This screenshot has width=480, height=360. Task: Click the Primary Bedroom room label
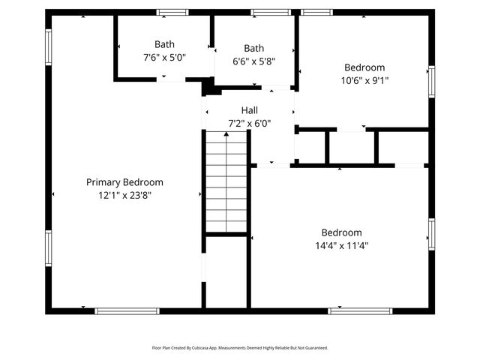124,182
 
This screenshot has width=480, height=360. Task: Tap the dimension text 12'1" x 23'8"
124,195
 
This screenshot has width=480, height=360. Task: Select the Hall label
249,110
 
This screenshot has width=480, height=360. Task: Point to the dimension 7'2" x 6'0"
249,123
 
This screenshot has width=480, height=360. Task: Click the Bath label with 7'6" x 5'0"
164,44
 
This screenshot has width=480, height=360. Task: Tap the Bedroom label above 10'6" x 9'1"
364,67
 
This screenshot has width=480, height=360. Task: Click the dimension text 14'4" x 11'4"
341,245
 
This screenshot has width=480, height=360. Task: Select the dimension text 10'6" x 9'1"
364,80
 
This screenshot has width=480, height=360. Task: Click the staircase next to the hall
226,182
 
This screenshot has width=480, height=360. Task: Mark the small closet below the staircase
226,271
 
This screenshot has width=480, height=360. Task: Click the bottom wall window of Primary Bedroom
127,310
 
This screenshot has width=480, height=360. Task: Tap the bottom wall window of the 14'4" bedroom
360,310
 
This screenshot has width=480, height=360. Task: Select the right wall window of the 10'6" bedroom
431,81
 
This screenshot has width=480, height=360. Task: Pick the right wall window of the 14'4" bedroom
431,234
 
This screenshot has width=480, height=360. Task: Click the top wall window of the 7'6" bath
172,12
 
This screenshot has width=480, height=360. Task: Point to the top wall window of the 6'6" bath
271,12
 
